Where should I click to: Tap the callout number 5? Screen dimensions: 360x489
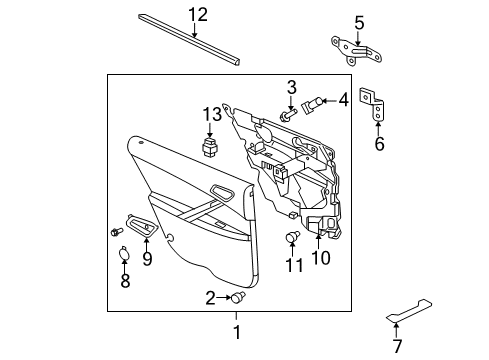coord(359,21)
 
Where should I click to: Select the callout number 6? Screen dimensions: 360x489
coord(379,144)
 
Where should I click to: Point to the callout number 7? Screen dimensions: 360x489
coord(396,346)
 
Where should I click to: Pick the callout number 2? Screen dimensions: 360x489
coord(211,297)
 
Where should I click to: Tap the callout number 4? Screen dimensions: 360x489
coord(343,100)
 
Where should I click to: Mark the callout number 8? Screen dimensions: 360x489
coord(126,283)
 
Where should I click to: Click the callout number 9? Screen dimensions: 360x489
coord(147,260)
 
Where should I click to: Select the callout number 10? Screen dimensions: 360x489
coord(320,260)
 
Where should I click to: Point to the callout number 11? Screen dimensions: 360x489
coord(293,265)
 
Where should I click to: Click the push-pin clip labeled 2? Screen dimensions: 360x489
coord(237,297)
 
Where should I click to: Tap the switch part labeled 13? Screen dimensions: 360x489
coord(211,150)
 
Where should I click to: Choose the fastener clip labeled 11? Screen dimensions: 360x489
coord(293,236)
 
